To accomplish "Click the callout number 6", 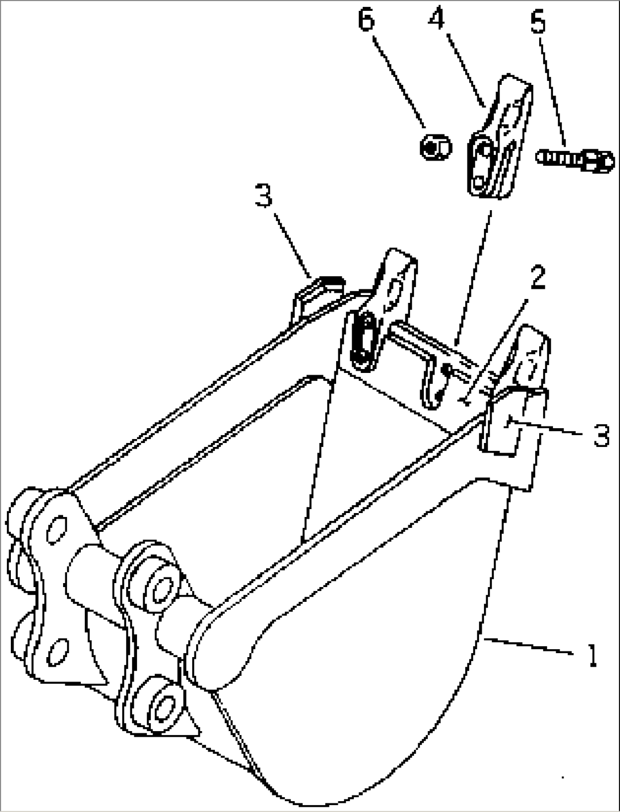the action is (366, 18).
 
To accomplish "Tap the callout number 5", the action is (538, 21).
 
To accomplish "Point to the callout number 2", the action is (538, 277).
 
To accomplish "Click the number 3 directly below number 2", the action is (601, 435).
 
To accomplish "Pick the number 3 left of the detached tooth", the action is (263, 195).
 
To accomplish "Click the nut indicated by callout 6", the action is (436, 147).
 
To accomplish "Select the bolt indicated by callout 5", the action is (575, 161).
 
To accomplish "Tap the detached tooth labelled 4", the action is (500, 137).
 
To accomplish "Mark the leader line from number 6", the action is (399, 81).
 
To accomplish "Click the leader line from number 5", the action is (552, 92).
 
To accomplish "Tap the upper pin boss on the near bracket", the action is (160, 588).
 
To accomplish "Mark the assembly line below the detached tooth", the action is (474, 277).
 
